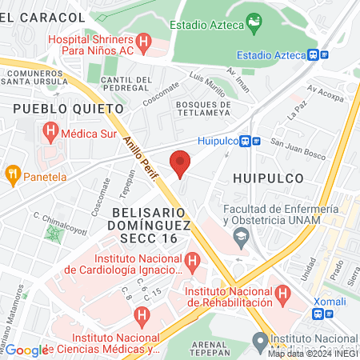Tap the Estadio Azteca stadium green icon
[254, 24]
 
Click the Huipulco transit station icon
[256, 141]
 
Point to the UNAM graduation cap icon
[239, 237]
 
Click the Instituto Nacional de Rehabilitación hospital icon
[282, 295]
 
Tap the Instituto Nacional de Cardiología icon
[192, 261]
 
